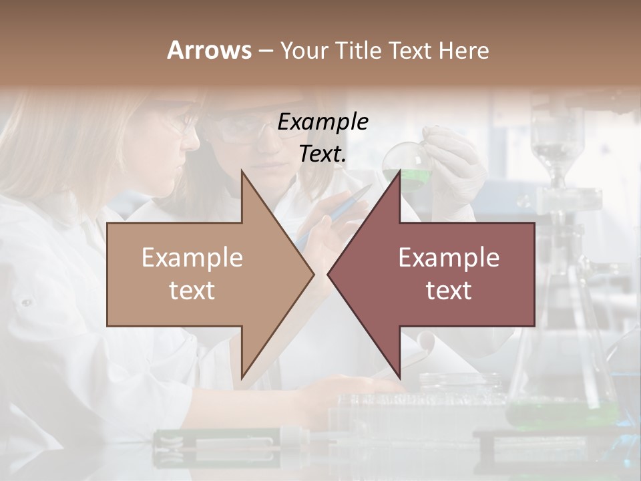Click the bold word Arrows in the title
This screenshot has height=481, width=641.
click(209, 50)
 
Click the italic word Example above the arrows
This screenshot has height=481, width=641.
click(323, 122)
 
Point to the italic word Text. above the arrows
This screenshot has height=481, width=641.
click(323, 154)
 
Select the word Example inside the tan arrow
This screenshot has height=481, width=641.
click(192, 258)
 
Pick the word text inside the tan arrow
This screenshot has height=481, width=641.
click(192, 291)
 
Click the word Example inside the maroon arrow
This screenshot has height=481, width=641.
click(449, 258)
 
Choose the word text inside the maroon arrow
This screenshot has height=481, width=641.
click(449, 291)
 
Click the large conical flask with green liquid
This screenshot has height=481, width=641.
click(561, 374)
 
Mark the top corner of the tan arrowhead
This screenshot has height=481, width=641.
click(242, 171)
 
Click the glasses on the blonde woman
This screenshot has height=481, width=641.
click(184, 124)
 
